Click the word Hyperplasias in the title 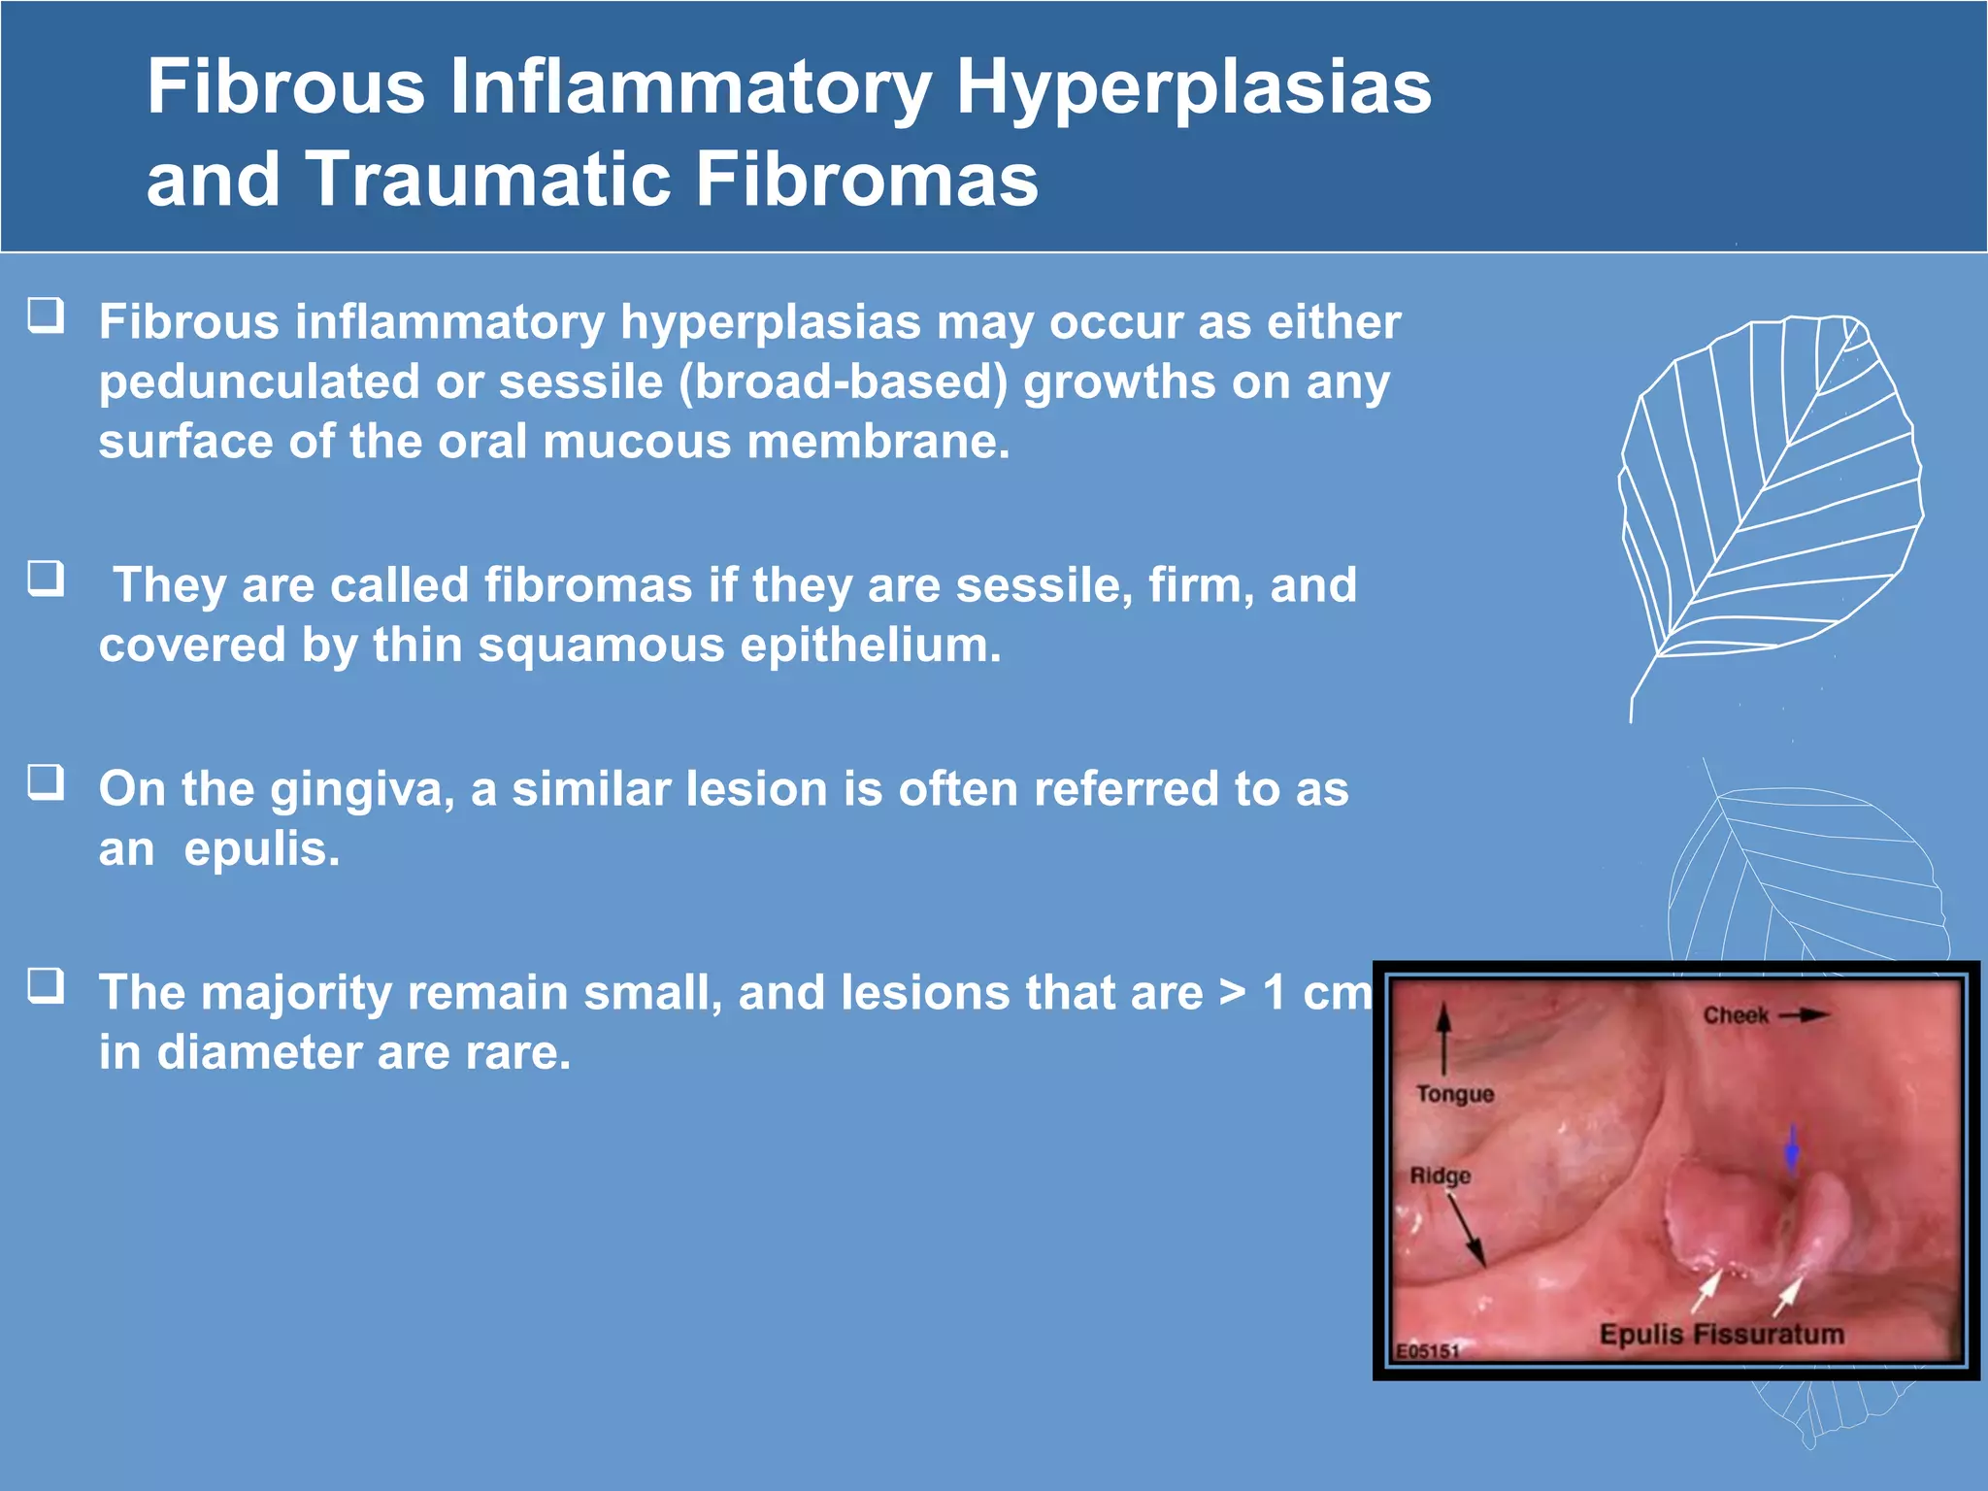point(1193,87)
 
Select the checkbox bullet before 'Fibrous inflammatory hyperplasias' point(46,315)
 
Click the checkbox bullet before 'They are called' point(46,579)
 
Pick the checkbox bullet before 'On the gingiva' point(46,781)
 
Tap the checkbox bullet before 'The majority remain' point(46,985)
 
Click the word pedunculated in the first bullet point(258,382)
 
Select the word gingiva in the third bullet point(362,789)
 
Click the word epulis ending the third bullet point(262,849)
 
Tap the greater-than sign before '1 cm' point(1232,994)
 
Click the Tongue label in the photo point(1454,1094)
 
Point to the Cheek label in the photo point(1736,1015)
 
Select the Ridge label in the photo point(1440,1176)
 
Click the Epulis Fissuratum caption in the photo point(1721,1335)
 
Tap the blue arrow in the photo point(1792,1150)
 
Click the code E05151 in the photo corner point(1427,1351)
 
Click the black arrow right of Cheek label point(1804,1015)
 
